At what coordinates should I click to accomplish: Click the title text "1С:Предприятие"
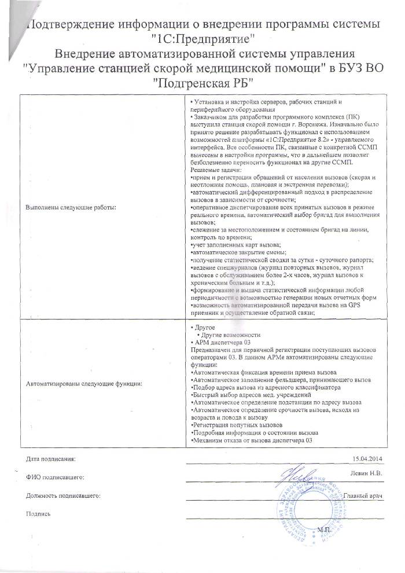click(x=203, y=41)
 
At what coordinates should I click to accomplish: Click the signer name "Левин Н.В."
click(x=367, y=472)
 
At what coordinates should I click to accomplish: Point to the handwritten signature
click(x=301, y=479)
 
